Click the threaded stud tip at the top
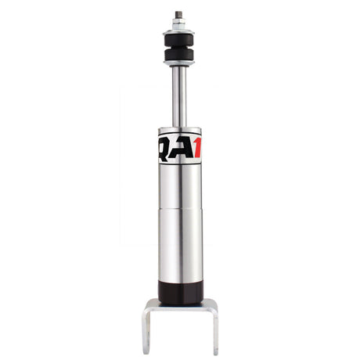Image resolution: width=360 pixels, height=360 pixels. (179, 14)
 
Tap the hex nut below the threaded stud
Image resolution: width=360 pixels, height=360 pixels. (179, 23)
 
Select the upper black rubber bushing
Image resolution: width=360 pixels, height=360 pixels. (179, 39)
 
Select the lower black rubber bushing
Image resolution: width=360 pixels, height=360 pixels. (179, 56)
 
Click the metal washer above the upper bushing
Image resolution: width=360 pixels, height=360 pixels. (179, 31)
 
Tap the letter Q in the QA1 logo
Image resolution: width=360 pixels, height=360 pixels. (166, 148)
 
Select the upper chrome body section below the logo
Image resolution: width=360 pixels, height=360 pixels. (179, 188)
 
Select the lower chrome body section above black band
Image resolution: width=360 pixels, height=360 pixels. (179, 250)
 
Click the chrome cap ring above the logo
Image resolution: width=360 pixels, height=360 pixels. (179, 130)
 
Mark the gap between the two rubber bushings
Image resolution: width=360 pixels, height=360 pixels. (179, 48)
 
